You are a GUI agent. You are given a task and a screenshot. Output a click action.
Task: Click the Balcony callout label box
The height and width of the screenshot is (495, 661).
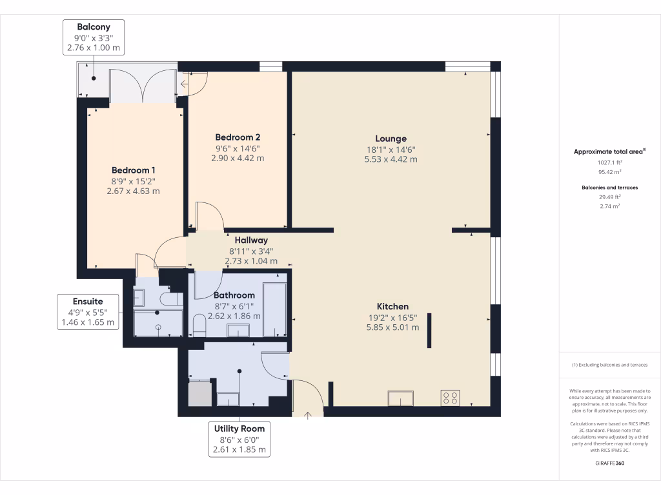94,37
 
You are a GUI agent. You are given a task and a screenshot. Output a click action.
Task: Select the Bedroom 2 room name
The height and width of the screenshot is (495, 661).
238,137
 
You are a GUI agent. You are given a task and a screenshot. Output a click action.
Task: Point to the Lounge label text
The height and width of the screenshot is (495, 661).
391,139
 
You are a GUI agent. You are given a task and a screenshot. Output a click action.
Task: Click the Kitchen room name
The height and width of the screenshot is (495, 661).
392,307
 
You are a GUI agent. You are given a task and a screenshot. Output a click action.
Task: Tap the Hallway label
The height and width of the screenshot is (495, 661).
251,240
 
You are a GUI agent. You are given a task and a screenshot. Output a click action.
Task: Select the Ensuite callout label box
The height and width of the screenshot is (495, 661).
88,311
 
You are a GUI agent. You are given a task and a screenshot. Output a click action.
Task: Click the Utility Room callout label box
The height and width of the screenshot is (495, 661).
239,439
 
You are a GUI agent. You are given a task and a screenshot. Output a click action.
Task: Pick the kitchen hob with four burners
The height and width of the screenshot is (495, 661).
450,398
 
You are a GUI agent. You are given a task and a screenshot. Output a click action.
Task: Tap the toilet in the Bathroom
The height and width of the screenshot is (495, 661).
199,325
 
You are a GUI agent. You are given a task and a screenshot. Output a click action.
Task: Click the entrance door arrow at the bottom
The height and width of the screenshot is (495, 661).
307,414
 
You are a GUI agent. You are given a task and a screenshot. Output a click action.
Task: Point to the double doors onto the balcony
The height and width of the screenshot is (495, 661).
143,86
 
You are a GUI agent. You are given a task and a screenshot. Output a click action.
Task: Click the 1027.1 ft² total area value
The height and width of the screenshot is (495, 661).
609,163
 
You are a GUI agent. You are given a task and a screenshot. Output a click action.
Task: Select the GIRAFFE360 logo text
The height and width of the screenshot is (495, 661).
609,463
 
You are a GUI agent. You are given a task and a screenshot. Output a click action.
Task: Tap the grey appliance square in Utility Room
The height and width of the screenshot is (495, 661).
199,393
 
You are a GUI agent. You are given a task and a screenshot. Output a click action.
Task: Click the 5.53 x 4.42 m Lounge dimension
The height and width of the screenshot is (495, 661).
391,159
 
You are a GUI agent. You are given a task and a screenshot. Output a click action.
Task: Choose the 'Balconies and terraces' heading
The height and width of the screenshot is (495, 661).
609,188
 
